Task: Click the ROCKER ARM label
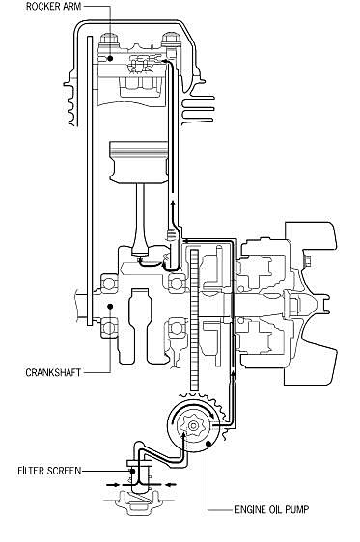pyautogui.click(x=53, y=7)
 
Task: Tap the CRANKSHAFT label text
pyautogui.click(x=53, y=372)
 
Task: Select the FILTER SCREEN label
pyautogui.click(x=49, y=471)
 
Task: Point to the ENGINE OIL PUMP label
pyautogui.click(x=272, y=509)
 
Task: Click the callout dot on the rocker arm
pyautogui.click(x=110, y=59)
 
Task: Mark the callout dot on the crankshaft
pyautogui.click(x=110, y=307)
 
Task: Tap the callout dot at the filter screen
pyautogui.click(x=132, y=471)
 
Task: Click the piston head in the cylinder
pyautogui.click(x=138, y=161)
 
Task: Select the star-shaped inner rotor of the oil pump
pyautogui.click(x=194, y=424)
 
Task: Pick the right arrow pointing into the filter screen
pyautogui.click(x=167, y=484)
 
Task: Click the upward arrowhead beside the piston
pyautogui.click(x=173, y=204)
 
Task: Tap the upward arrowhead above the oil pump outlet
pyautogui.click(x=233, y=374)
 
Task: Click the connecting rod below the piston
pyautogui.click(x=140, y=218)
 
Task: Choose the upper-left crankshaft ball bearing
pyautogui.click(x=109, y=284)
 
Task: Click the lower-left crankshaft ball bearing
pyautogui.click(x=109, y=328)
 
